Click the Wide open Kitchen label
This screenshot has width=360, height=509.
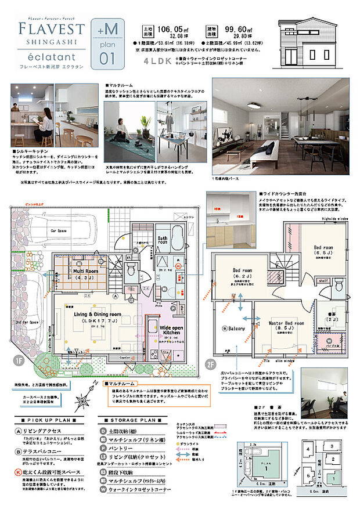pos(176,331)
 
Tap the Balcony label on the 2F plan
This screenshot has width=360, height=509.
pos(234,329)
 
